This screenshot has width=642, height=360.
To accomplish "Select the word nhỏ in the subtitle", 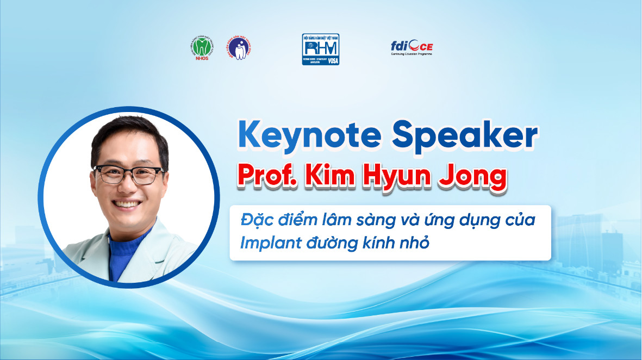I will point(415,243).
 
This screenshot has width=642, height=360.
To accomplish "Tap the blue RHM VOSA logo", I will point(321,49).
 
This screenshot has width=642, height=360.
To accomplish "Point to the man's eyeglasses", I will point(128,175).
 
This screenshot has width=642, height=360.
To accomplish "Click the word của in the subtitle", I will point(519,221).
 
